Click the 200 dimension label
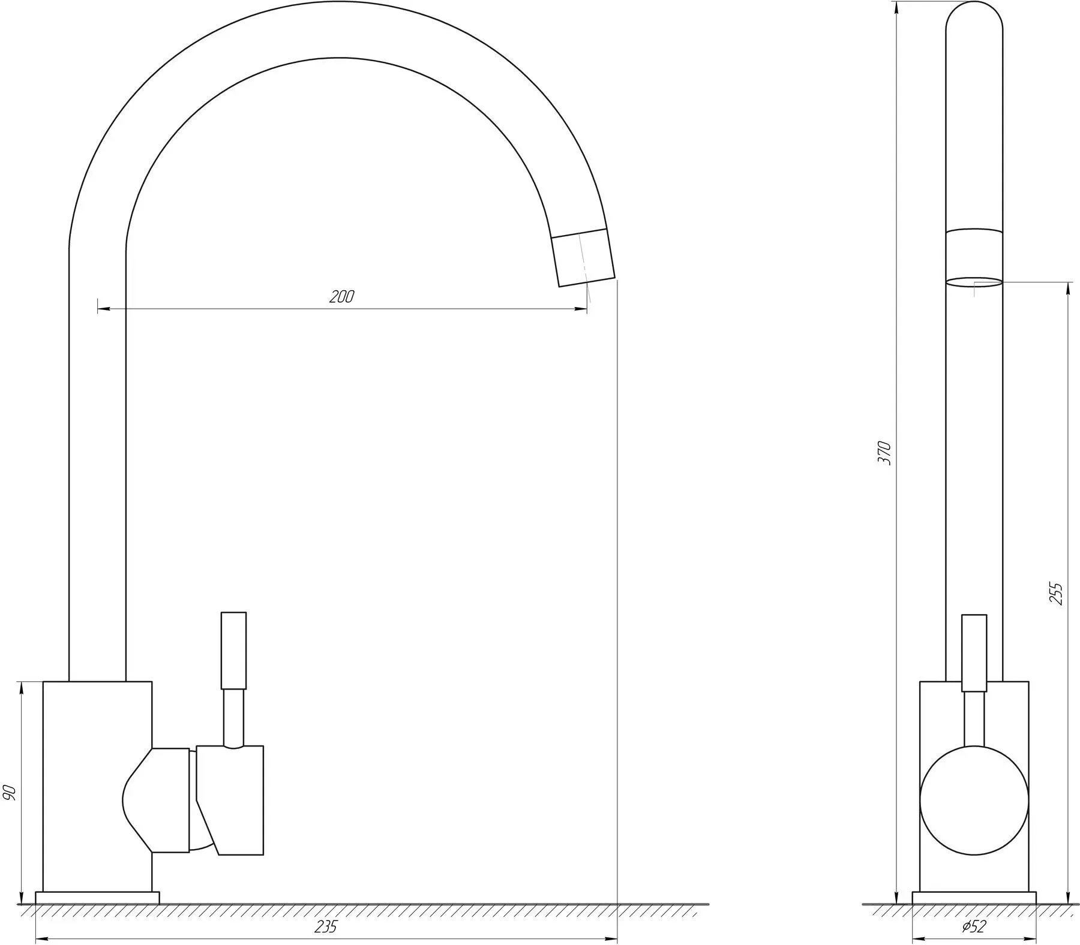point(342,296)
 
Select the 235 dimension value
point(326,926)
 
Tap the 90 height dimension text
point(10,793)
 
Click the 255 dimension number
point(1057,594)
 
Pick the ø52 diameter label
point(974,927)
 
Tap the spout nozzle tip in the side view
point(584,257)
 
